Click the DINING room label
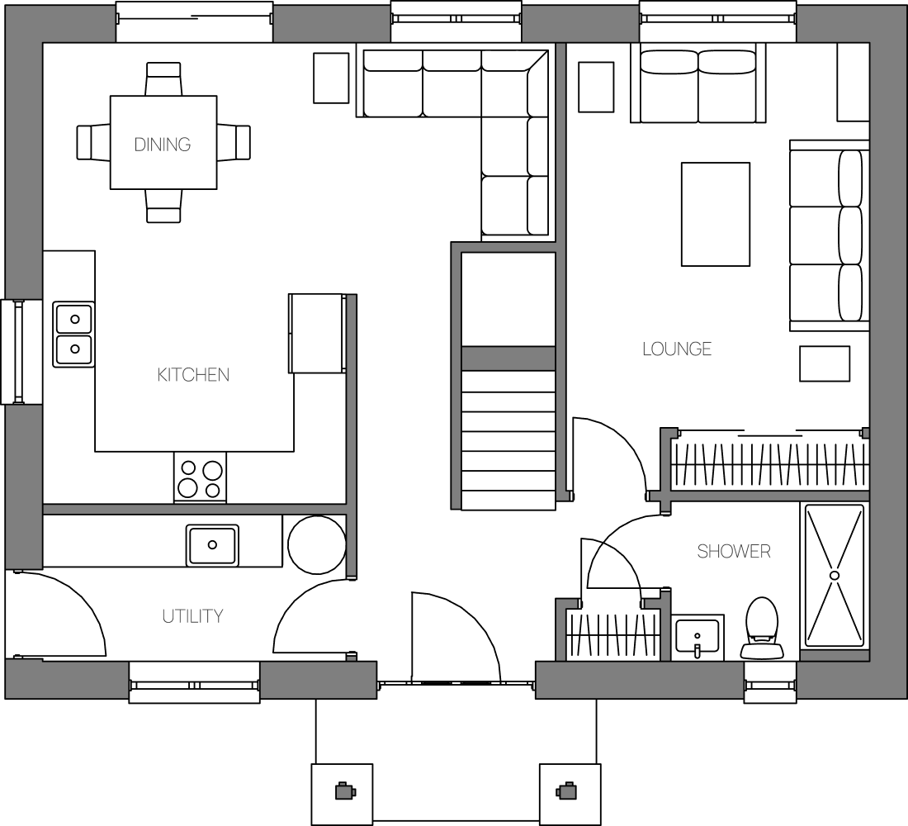coord(162,145)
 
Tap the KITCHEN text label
coord(193,375)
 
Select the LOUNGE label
coord(677,349)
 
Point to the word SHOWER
coord(734,551)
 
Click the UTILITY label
coord(193,616)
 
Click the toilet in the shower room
coord(762,629)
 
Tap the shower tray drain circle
coord(835,575)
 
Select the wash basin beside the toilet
coord(698,638)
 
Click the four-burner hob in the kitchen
coord(200,478)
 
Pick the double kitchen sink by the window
coord(73,335)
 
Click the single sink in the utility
coord(212,545)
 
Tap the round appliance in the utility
coord(317,544)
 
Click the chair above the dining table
coord(164,78)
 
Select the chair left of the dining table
coord(94,142)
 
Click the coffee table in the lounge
coord(716,215)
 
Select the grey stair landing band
coord(508,358)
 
